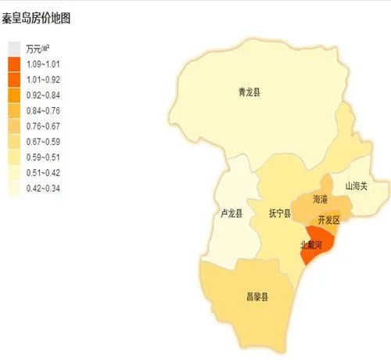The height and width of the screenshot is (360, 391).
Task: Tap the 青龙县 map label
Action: point(249,92)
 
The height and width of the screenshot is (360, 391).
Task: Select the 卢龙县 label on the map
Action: point(232,213)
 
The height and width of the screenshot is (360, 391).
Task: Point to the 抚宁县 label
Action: point(279,213)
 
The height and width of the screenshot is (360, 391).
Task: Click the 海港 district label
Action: point(321,200)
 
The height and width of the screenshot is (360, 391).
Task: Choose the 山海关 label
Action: point(356,186)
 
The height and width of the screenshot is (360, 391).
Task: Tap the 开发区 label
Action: point(329,220)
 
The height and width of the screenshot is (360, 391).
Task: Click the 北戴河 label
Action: point(316,244)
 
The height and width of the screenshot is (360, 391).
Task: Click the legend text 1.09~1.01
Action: point(44,64)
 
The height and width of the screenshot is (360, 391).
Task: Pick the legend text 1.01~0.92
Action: point(44,80)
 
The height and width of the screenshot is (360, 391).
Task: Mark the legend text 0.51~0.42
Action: point(44,173)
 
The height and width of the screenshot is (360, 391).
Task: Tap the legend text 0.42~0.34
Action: point(44,189)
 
